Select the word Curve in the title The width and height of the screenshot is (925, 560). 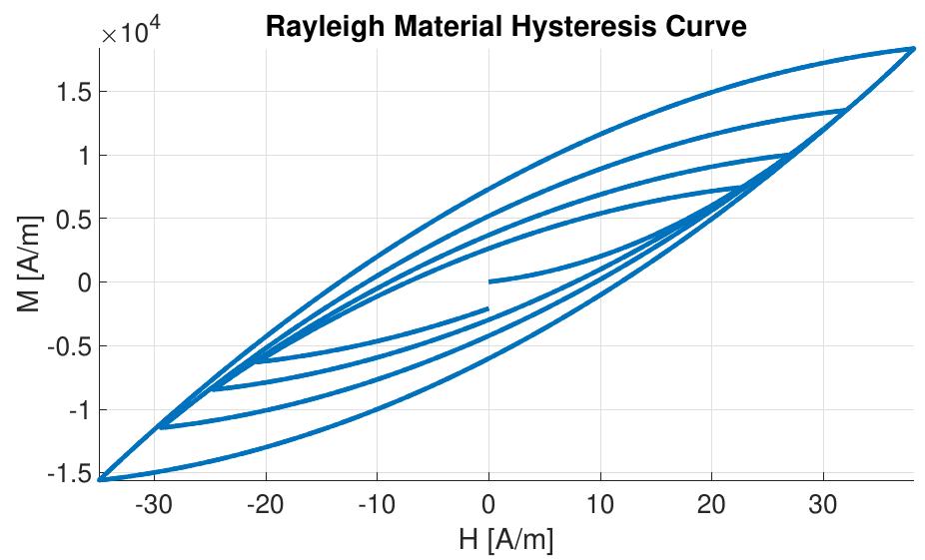tap(706, 27)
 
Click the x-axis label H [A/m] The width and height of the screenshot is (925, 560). tap(505, 540)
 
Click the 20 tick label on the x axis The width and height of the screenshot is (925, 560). tap(711, 502)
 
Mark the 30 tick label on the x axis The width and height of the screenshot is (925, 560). tap(823, 502)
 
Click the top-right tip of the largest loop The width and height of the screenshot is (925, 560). tap(912, 48)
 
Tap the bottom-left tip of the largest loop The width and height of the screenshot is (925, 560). tap(101, 479)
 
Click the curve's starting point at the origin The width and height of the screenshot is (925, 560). tap(488, 281)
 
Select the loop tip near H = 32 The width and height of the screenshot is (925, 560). tap(847, 110)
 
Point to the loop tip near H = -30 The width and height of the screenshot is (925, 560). tap(161, 427)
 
